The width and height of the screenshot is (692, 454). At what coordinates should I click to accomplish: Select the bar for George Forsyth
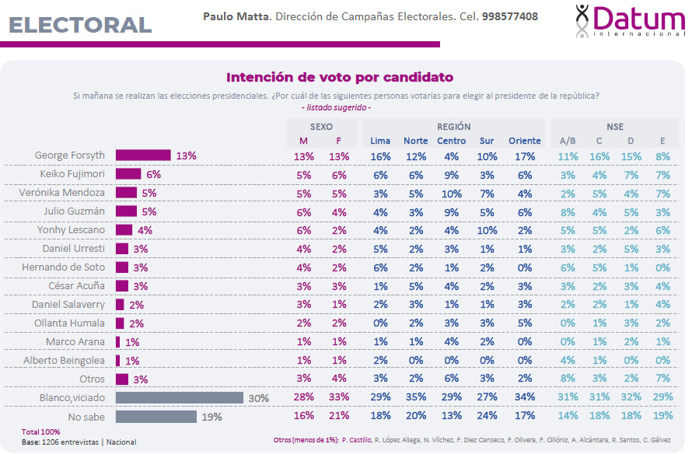coord(143,155)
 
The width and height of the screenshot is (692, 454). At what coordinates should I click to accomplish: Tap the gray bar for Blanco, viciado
coord(180,398)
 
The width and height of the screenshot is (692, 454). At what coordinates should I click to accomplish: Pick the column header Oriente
coord(525,141)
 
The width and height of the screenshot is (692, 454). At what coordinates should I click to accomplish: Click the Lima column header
coord(380,141)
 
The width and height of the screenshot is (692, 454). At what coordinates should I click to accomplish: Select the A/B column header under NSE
coord(568,141)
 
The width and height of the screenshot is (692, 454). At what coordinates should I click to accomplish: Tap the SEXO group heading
coord(321,127)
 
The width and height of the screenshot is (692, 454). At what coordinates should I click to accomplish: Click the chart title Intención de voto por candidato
coord(340,78)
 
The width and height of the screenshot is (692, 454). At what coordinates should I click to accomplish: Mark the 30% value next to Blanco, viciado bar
coord(258,398)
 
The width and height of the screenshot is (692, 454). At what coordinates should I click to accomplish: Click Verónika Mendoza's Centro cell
coord(451,193)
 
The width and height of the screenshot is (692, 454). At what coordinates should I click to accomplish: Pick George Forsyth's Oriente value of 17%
coord(525,155)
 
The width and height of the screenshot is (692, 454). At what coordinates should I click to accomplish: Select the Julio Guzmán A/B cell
coord(568,211)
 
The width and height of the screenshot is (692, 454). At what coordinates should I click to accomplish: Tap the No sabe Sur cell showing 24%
coord(487,417)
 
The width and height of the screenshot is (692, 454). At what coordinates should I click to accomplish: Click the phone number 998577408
coord(509,16)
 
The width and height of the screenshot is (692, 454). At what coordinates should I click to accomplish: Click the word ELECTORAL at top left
coord(81,25)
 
